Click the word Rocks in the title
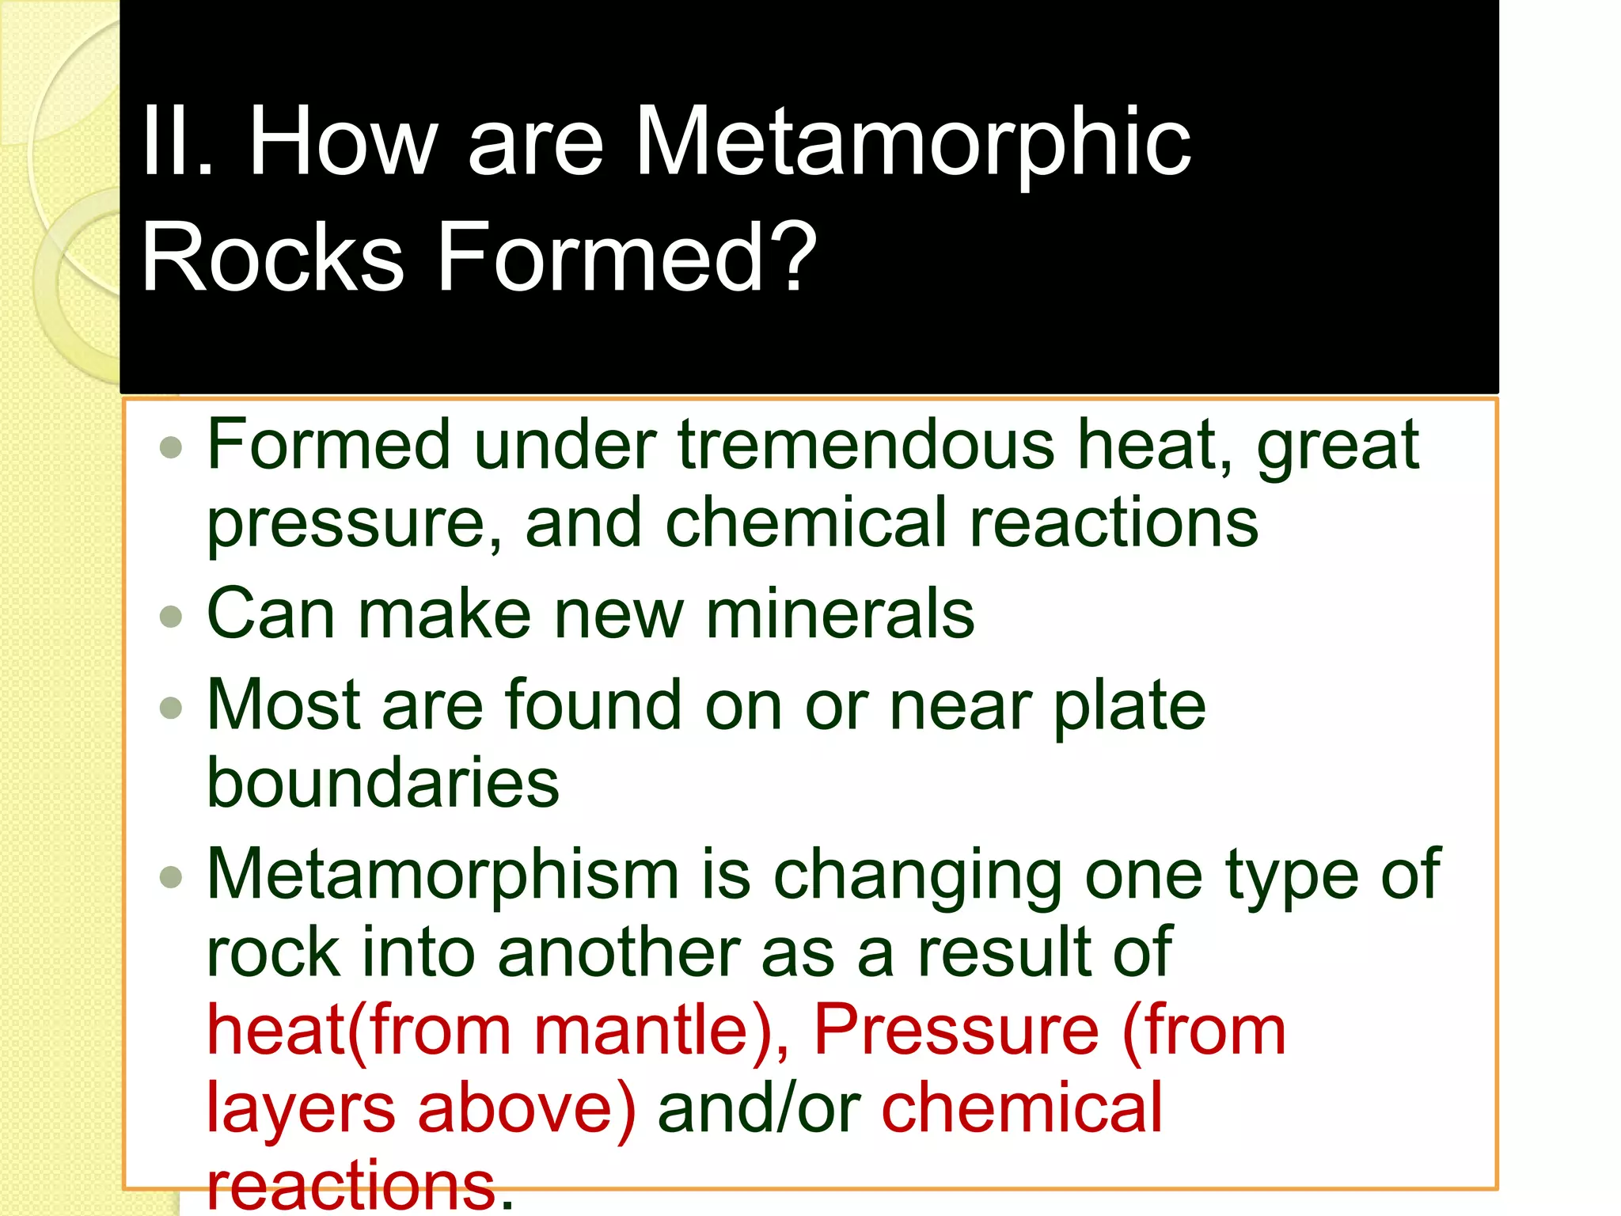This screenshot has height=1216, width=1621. pyautogui.click(x=273, y=257)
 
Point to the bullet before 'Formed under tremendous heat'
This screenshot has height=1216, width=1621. pyautogui.click(x=171, y=448)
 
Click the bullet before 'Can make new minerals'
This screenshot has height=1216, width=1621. pyautogui.click(x=171, y=616)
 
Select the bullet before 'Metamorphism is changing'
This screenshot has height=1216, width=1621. pyautogui.click(x=171, y=876)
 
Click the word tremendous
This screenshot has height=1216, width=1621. pyautogui.click(x=867, y=445)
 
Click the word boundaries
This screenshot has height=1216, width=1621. pyautogui.click(x=383, y=782)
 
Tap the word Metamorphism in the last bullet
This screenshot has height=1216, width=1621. pyautogui.click(x=443, y=875)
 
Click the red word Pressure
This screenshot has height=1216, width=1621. pyautogui.click(x=956, y=1030)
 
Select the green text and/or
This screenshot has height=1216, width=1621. pyautogui.click(x=759, y=1108)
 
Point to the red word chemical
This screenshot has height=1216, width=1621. pyautogui.click(x=1022, y=1108)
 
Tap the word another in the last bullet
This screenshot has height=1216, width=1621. pyautogui.click(x=619, y=952)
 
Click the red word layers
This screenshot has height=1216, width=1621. pyautogui.click(x=301, y=1108)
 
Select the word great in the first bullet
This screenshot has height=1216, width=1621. pyautogui.click(x=1338, y=446)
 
